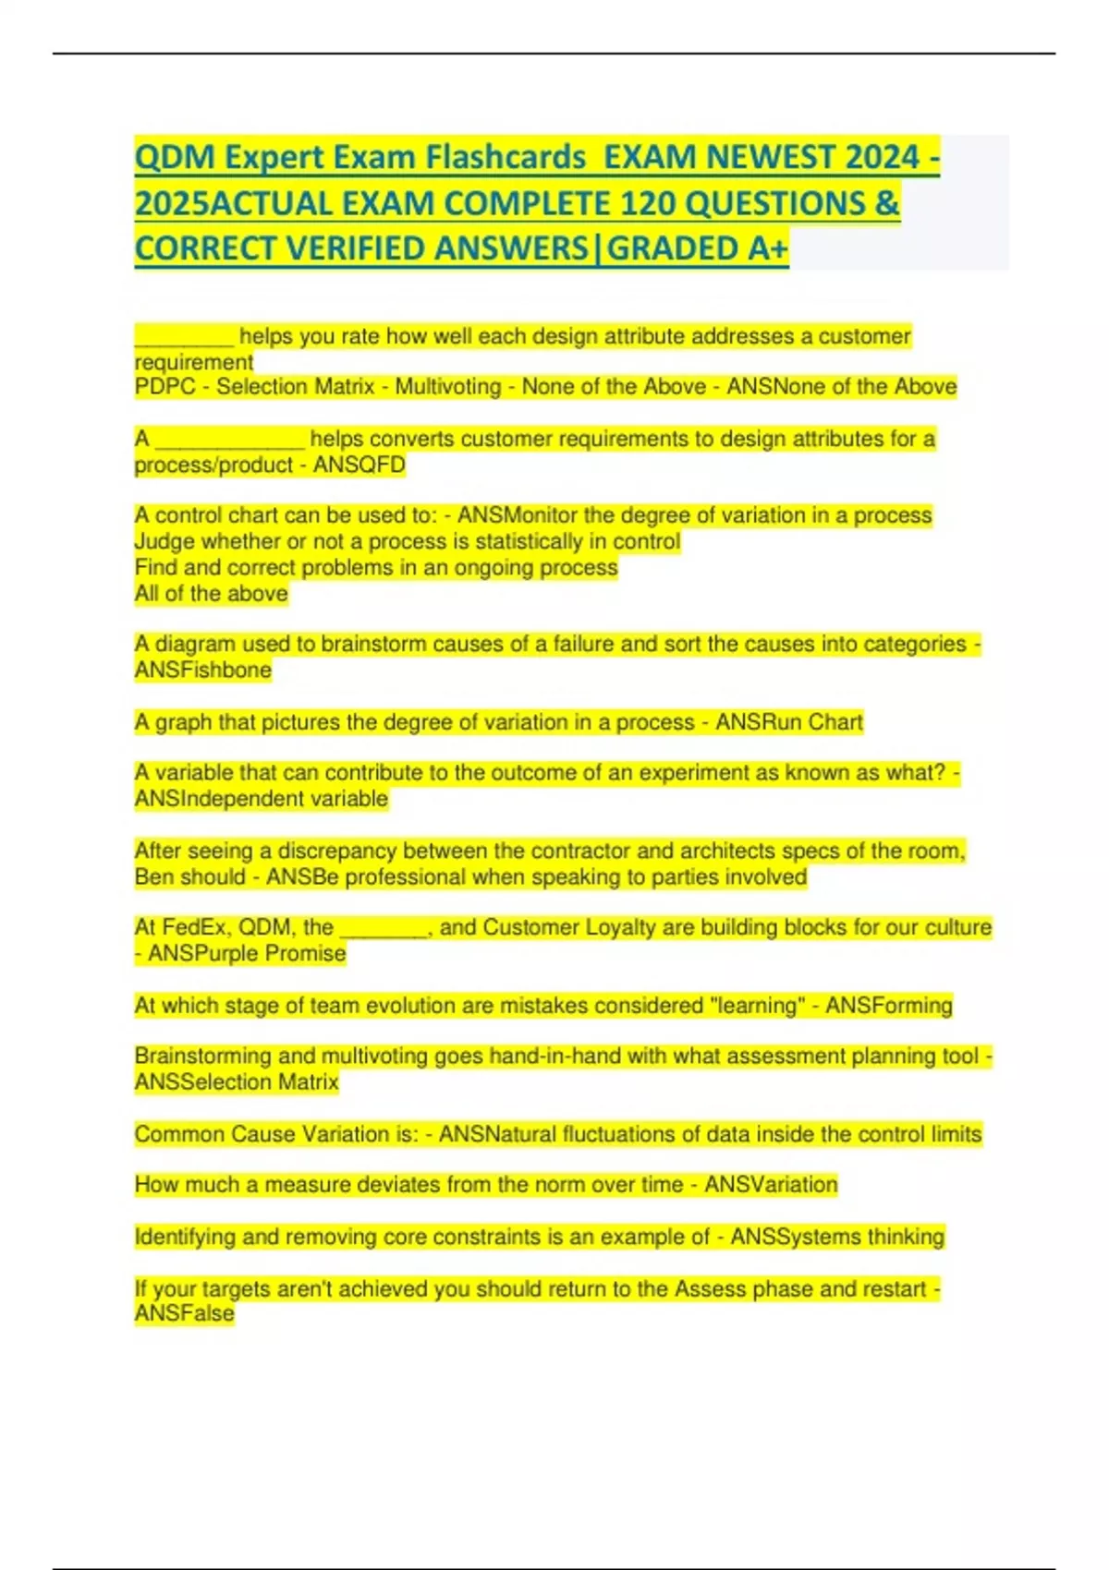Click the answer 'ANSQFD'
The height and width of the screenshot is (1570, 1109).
coord(360,465)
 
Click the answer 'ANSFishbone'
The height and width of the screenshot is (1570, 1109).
coord(203,670)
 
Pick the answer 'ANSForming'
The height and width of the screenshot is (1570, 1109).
coord(888,1005)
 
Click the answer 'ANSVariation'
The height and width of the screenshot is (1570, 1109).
coord(771,1184)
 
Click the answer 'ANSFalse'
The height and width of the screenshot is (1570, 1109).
coord(185,1313)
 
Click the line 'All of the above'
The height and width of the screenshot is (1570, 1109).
coord(211,593)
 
